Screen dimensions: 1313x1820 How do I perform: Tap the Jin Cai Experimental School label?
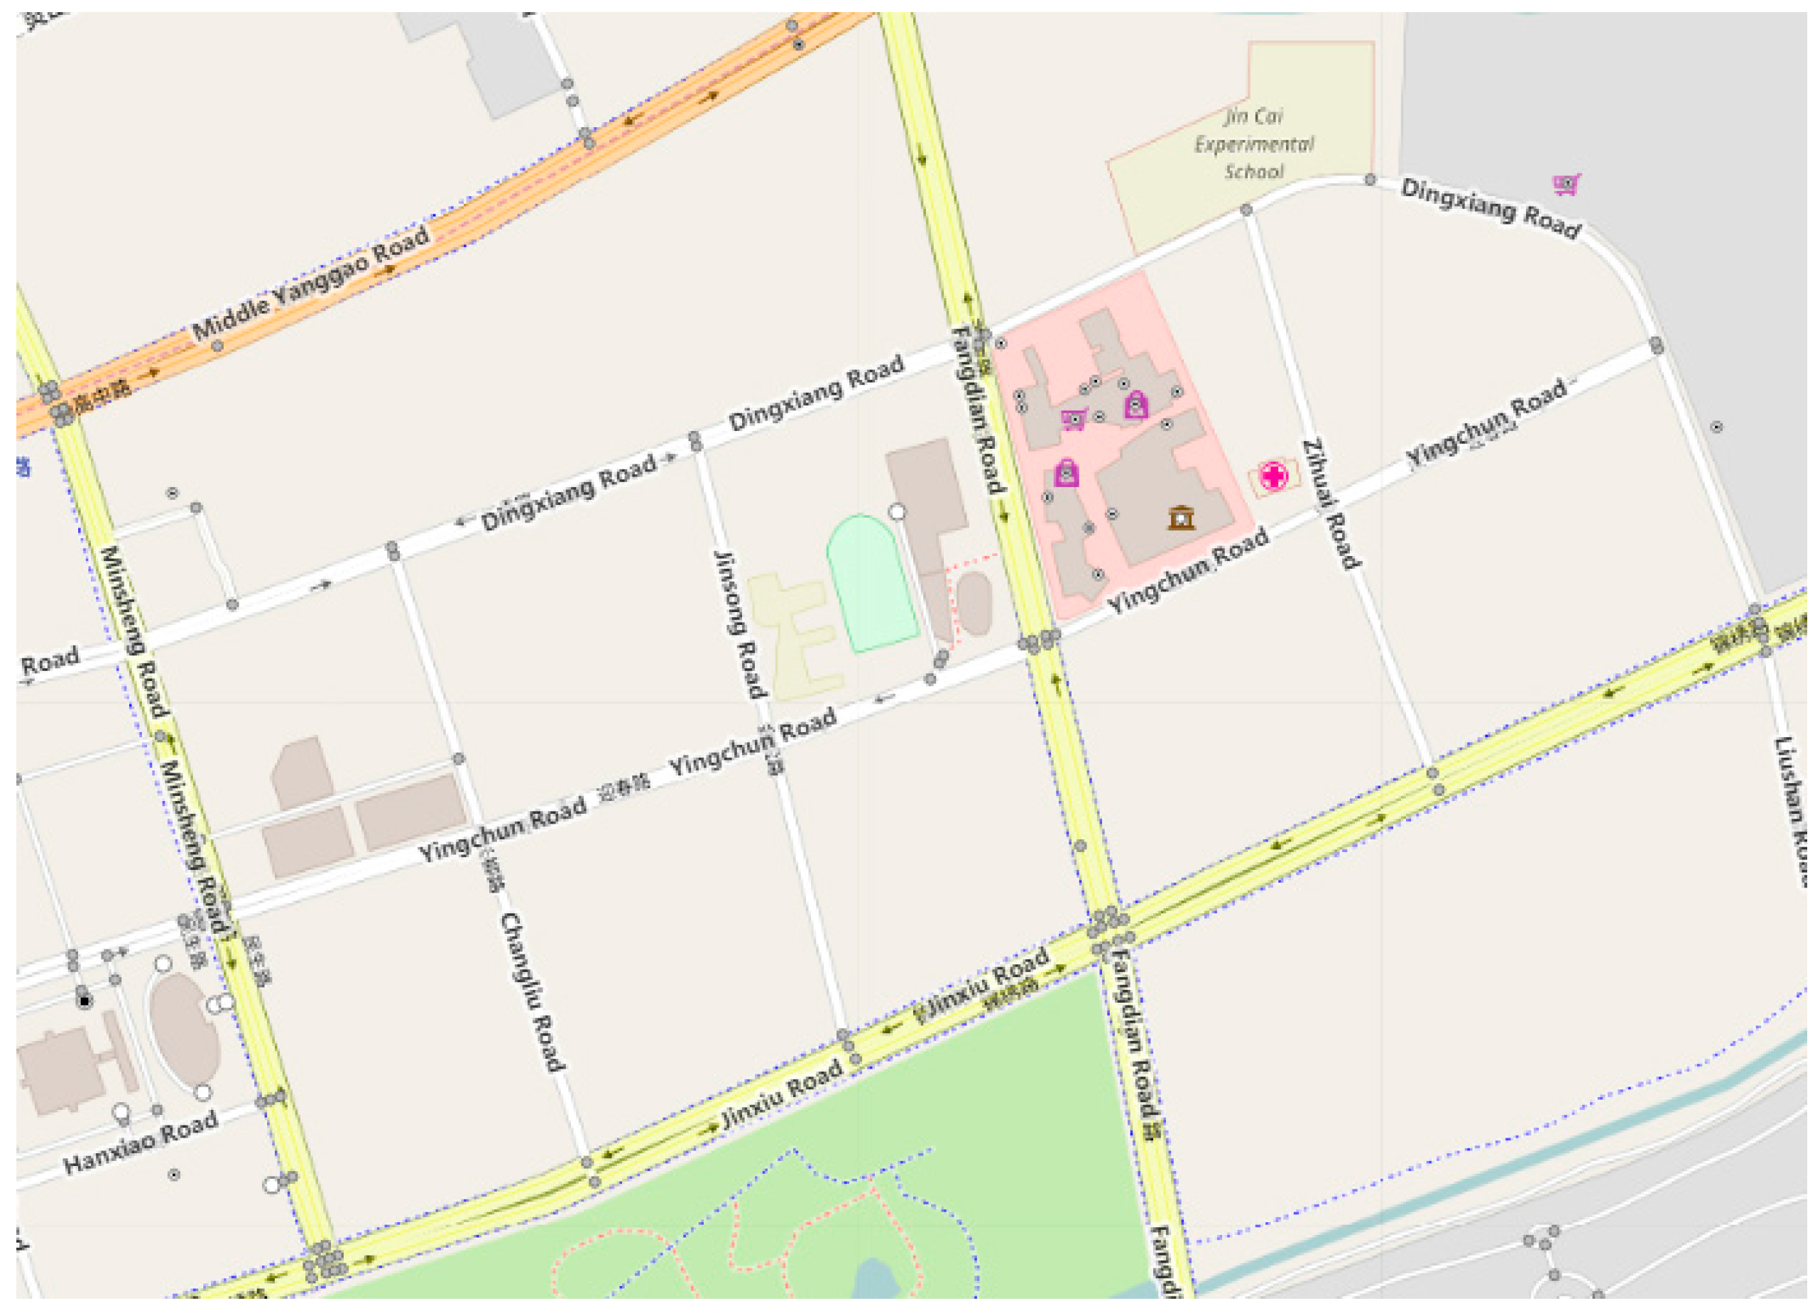click(x=1253, y=143)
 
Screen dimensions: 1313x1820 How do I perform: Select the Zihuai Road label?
click(x=1331, y=503)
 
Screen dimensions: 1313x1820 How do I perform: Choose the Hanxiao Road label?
click(x=141, y=1141)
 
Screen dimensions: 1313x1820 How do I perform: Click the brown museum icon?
click(x=1180, y=518)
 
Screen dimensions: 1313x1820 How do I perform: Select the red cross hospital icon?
click(x=1273, y=476)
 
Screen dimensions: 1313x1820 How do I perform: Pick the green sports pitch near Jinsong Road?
click(x=871, y=582)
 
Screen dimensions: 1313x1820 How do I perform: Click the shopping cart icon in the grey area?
click(x=1566, y=184)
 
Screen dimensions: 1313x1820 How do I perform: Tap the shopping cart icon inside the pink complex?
click(x=1073, y=419)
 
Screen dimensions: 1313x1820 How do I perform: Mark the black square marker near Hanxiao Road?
click(x=85, y=1001)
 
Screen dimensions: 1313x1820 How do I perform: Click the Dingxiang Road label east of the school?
click(x=1491, y=208)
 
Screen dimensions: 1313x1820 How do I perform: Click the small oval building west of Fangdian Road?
click(x=974, y=602)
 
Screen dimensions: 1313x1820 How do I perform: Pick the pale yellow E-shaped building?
click(x=795, y=634)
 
